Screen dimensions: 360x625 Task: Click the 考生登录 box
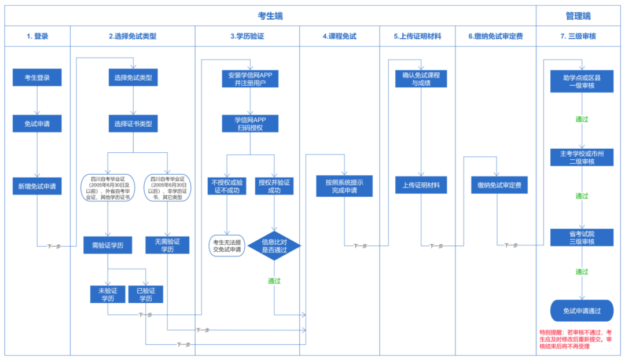click(x=37, y=78)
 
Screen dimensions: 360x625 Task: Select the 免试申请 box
click(x=37, y=124)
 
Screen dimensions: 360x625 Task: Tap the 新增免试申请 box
click(x=37, y=186)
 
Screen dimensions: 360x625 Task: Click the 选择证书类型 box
click(x=133, y=124)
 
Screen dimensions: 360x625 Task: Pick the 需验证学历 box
click(x=108, y=245)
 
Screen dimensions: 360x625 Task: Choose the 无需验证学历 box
click(x=167, y=245)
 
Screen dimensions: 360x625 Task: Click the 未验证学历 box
click(x=108, y=294)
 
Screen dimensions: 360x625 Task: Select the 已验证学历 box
click(x=146, y=294)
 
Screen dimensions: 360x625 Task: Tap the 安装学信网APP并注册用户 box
click(x=250, y=78)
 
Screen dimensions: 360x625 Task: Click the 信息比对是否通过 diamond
click(x=274, y=246)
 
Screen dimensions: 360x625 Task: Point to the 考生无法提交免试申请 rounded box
click(x=227, y=246)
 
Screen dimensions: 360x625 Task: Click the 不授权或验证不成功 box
click(x=227, y=186)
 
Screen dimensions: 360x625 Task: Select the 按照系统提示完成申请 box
click(x=344, y=186)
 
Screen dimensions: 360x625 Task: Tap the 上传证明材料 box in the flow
click(x=421, y=185)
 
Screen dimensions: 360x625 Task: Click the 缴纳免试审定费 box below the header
click(x=499, y=185)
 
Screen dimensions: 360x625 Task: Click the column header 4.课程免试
click(x=339, y=36)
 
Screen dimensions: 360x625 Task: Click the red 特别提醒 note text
click(x=578, y=339)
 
